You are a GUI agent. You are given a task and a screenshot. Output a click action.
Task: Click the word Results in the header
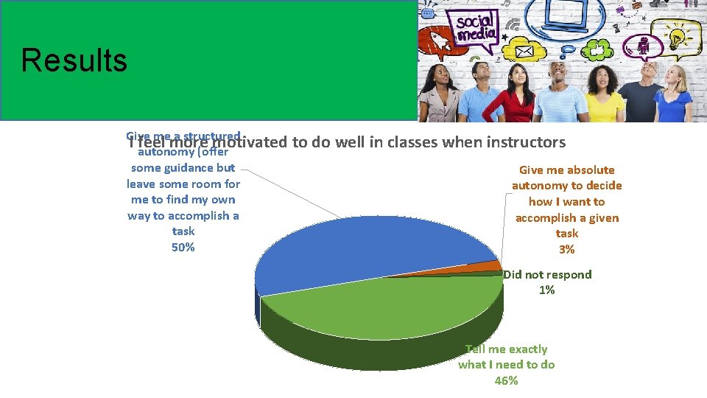click(74, 60)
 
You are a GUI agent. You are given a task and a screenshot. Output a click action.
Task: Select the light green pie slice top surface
click(390, 306)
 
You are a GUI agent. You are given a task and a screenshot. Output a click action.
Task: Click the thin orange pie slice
click(489, 266)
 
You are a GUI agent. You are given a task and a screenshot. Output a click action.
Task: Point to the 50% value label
click(183, 248)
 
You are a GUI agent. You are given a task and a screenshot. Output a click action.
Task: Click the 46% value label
click(506, 380)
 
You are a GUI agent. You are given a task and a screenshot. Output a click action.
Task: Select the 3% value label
click(566, 250)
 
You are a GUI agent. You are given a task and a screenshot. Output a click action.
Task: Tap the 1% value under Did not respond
click(546, 290)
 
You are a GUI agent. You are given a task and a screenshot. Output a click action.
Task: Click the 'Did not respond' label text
click(547, 275)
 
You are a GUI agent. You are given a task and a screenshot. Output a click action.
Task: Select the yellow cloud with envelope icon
click(524, 52)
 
